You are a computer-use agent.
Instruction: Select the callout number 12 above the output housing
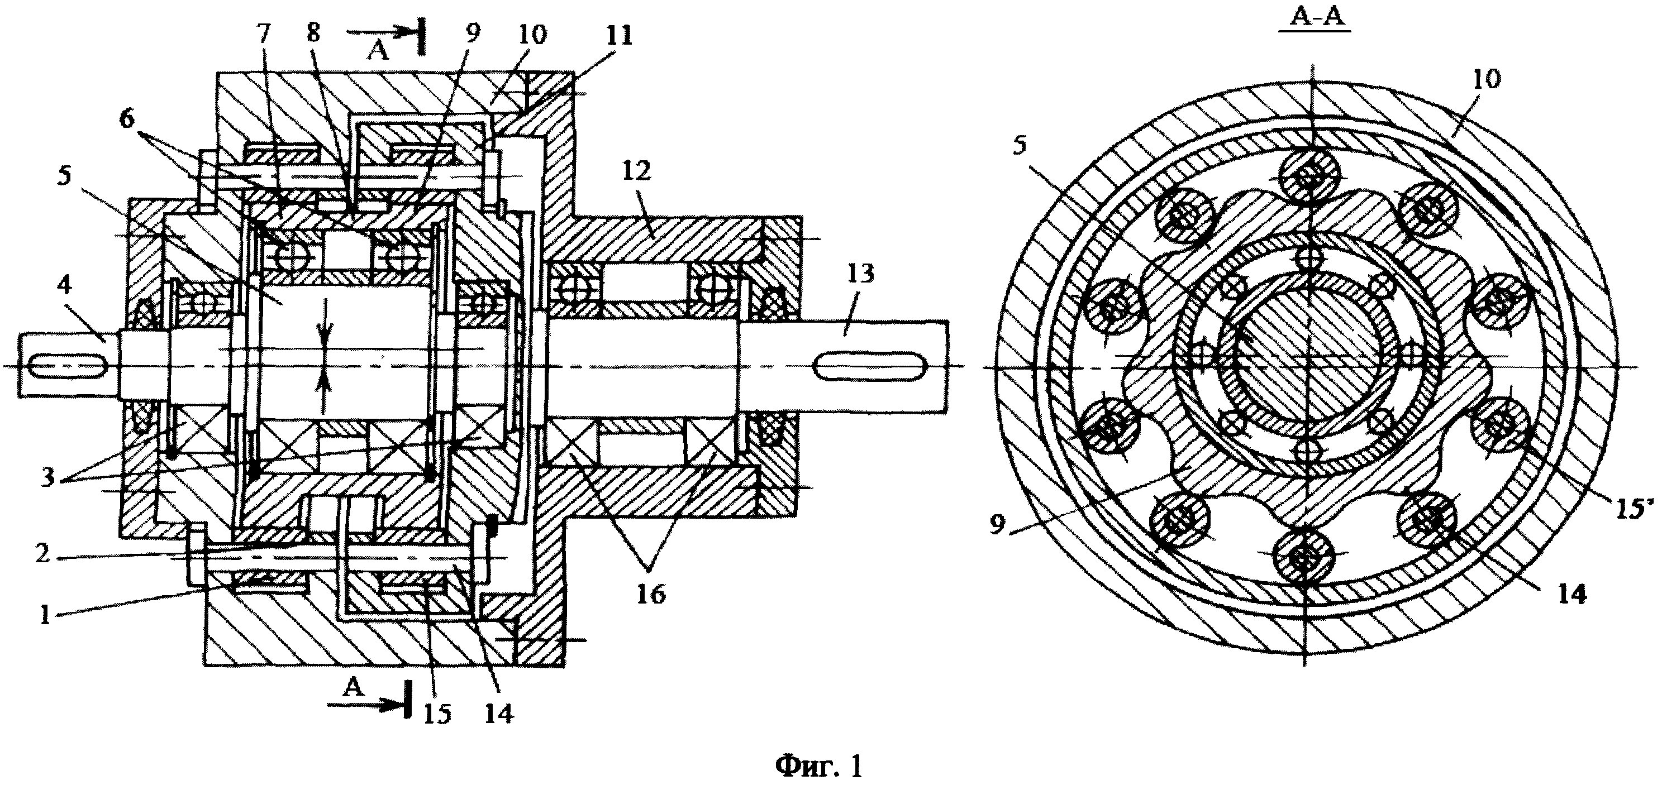pos(637,170)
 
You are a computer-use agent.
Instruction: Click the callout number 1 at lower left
pos(45,615)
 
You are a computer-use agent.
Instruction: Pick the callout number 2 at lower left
pos(42,553)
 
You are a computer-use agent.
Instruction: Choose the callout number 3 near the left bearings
pos(46,480)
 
